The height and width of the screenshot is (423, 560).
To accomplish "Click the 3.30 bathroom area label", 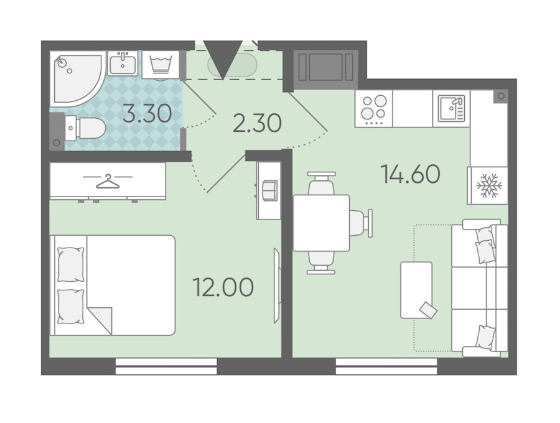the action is pyautogui.click(x=147, y=113).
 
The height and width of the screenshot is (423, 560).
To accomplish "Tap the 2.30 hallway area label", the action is pyautogui.click(x=257, y=123).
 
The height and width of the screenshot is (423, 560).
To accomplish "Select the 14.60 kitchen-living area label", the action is pyautogui.click(x=411, y=174).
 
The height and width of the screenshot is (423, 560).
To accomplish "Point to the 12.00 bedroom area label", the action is pyautogui.click(x=223, y=287).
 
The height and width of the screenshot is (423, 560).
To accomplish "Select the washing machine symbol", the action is pyautogui.click(x=161, y=64).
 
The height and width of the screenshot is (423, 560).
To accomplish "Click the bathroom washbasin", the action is pyautogui.click(x=123, y=63).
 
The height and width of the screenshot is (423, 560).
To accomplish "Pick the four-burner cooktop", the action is pyautogui.click(x=373, y=108).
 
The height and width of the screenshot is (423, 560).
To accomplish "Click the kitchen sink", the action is pyautogui.click(x=452, y=108).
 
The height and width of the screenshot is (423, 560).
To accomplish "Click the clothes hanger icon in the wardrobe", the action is pyautogui.click(x=108, y=181).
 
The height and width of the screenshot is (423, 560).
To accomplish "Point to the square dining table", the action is pyautogui.click(x=321, y=223).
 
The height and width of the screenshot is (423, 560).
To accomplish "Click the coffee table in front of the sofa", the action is pyautogui.click(x=416, y=291).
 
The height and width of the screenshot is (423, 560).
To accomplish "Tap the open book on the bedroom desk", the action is pyautogui.click(x=269, y=190).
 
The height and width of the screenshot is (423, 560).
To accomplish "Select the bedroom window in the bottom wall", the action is pyautogui.click(x=166, y=366).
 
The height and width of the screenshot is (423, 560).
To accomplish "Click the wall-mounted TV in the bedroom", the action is pyautogui.click(x=276, y=286).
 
